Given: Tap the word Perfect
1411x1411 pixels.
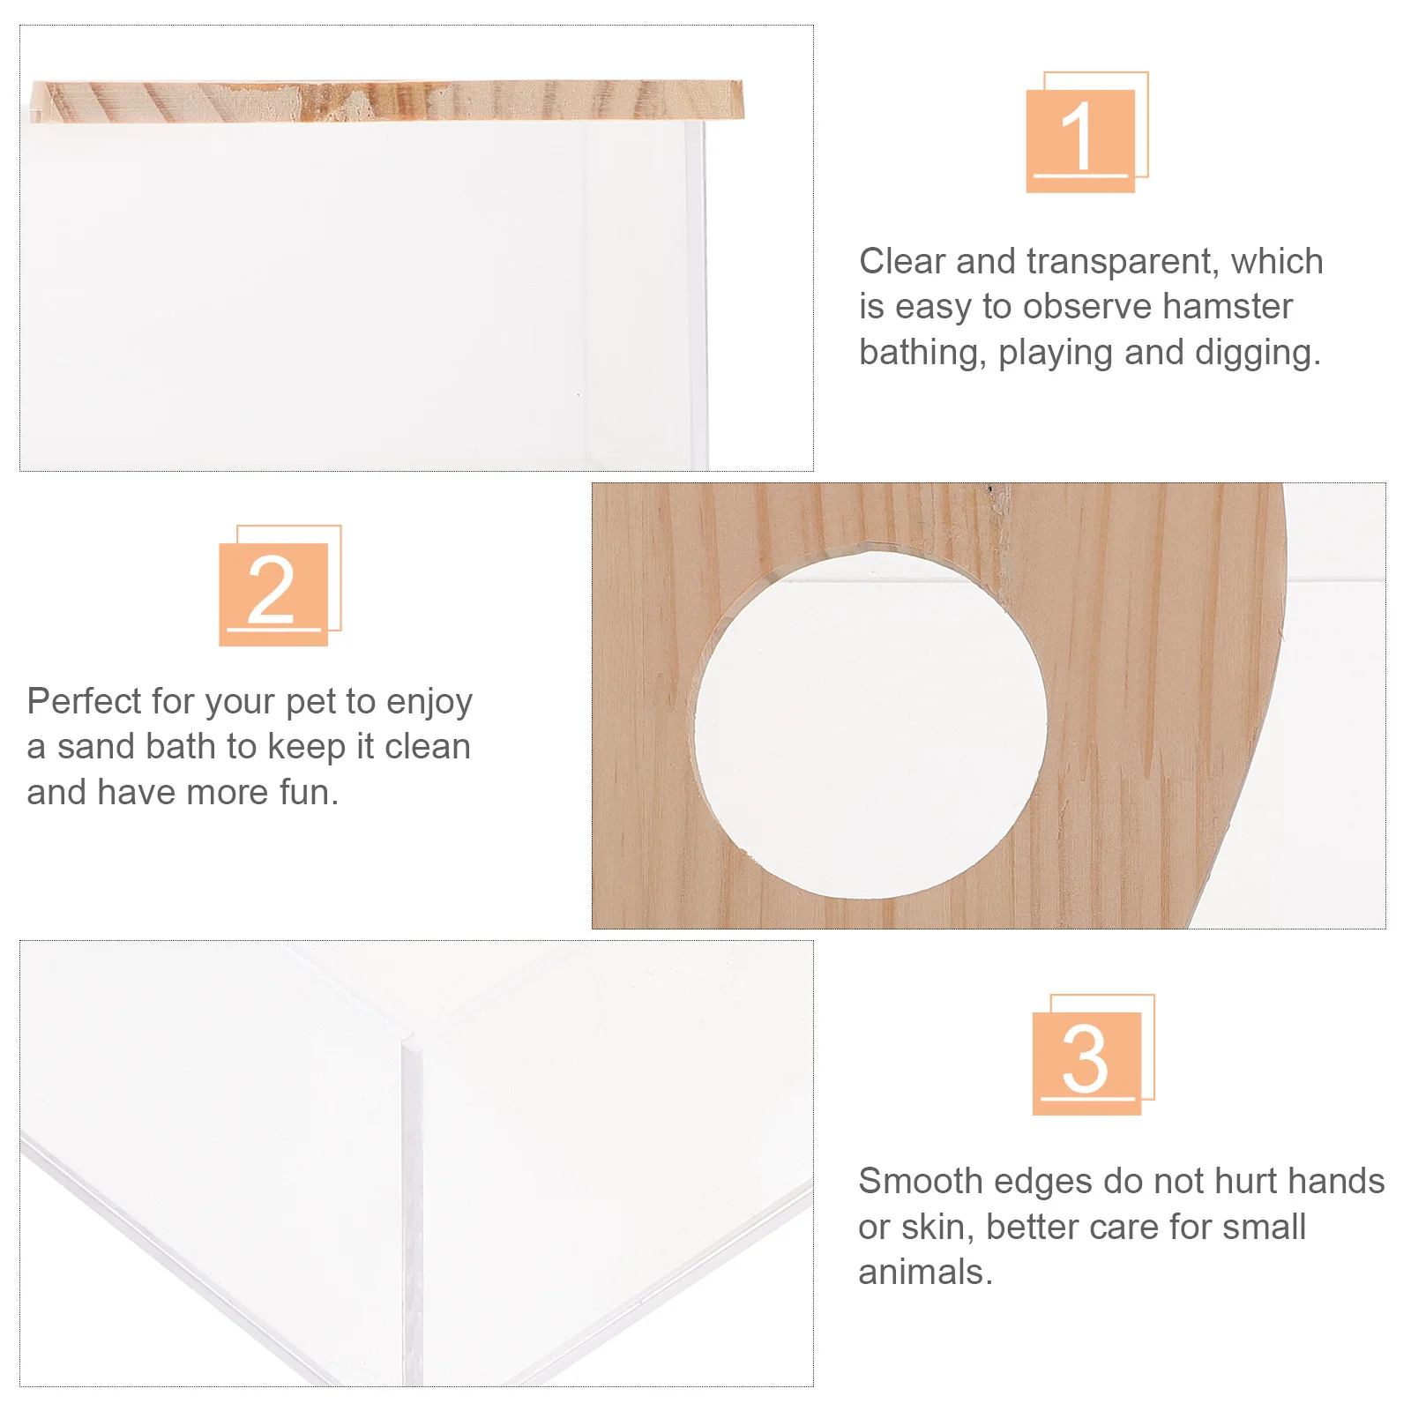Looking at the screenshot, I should coord(84,702).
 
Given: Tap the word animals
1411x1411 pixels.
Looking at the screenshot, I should coord(925,1273).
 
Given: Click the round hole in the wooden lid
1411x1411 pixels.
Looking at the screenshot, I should coord(870,723).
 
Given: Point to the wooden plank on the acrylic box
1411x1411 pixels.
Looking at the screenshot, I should coord(388,100).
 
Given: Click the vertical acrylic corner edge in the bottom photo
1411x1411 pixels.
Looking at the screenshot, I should coord(411,1208).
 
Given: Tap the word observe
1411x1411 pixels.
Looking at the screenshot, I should coord(1087,307).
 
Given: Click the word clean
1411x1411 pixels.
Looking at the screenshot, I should coord(428,747).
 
